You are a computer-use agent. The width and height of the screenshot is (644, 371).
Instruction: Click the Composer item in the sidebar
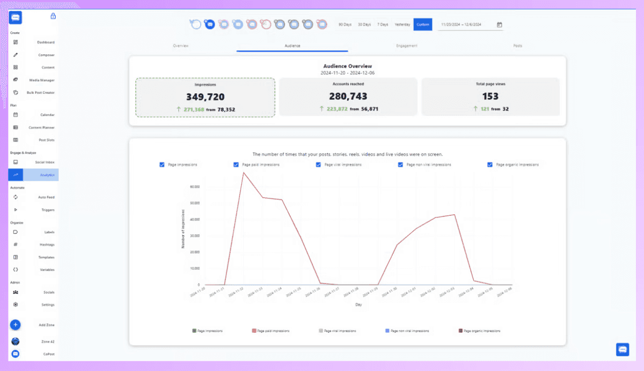click(46, 55)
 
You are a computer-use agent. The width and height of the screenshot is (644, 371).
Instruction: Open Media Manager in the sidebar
click(41, 80)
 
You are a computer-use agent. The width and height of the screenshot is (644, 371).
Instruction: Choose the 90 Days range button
click(344, 25)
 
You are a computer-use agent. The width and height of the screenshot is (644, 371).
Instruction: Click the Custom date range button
click(422, 25)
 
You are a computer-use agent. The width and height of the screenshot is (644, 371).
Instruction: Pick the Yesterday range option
click(402, 25)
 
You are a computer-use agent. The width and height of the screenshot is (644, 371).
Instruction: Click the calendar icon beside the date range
click(499, 25)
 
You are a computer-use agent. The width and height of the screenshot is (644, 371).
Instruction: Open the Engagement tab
click(406, 46)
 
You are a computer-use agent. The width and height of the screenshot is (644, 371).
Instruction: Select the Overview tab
click(180, 46)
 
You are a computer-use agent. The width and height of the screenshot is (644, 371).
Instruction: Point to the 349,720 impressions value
click(205, 97)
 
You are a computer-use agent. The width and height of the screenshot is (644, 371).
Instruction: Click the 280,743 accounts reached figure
click(348, 97)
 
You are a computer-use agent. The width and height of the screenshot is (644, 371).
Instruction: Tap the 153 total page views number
click(490, 97)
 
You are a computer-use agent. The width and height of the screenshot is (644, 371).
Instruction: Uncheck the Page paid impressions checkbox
click(236, 165)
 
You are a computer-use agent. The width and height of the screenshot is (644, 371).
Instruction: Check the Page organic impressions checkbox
click(490, 165)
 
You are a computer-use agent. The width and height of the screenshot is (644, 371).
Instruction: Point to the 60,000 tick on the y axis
click(195, 187)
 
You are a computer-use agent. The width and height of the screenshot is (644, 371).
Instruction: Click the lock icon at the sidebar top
click(53, 16)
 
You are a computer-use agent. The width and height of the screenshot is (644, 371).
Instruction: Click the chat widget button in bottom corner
click(623, 350)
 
